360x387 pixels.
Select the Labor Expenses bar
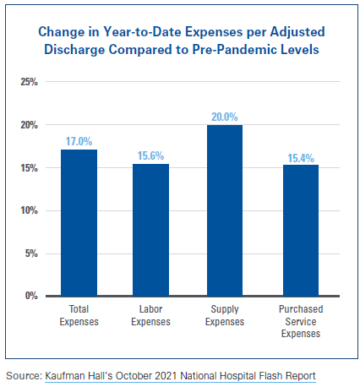[x=150, y=229]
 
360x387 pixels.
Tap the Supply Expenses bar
[x=224, y=210]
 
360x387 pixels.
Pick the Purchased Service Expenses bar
[x=300, y=230]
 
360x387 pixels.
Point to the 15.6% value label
[x=150, y=155]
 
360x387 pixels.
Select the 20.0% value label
[x=224, y=116]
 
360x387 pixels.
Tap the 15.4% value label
[x=300, y=155]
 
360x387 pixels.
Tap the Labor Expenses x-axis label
[x=150, y=316]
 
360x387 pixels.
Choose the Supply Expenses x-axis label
[x=224, y=316]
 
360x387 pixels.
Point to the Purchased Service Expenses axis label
[x=300, y=322]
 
